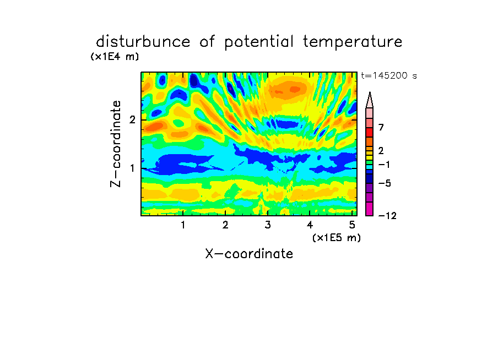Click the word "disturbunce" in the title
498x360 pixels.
coord(143,42)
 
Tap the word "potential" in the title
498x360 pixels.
coord(259,42)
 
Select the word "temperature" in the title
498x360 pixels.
coord(353,42)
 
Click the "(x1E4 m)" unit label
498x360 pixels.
coord(115,57)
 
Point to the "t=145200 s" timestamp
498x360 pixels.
coord(389,75)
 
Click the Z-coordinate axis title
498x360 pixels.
coord(116,144)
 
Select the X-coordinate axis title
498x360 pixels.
coord(250,254)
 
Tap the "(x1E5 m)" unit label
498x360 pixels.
coord(337,238)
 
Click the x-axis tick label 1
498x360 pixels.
coord(183,225)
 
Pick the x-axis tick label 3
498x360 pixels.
coord(268,225)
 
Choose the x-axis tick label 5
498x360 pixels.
coord(352,225)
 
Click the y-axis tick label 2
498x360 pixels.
coord(132,120)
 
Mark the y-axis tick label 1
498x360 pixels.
coord(132,168)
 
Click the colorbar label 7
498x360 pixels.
coord(381,128)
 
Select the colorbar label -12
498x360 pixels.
coord(387,216)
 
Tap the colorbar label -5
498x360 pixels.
coord(385,183)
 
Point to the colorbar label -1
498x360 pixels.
coord(384,165)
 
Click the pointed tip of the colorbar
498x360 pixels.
coord(370,92)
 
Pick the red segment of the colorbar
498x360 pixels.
coord(370,132)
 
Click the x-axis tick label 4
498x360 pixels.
coord(310,225)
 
